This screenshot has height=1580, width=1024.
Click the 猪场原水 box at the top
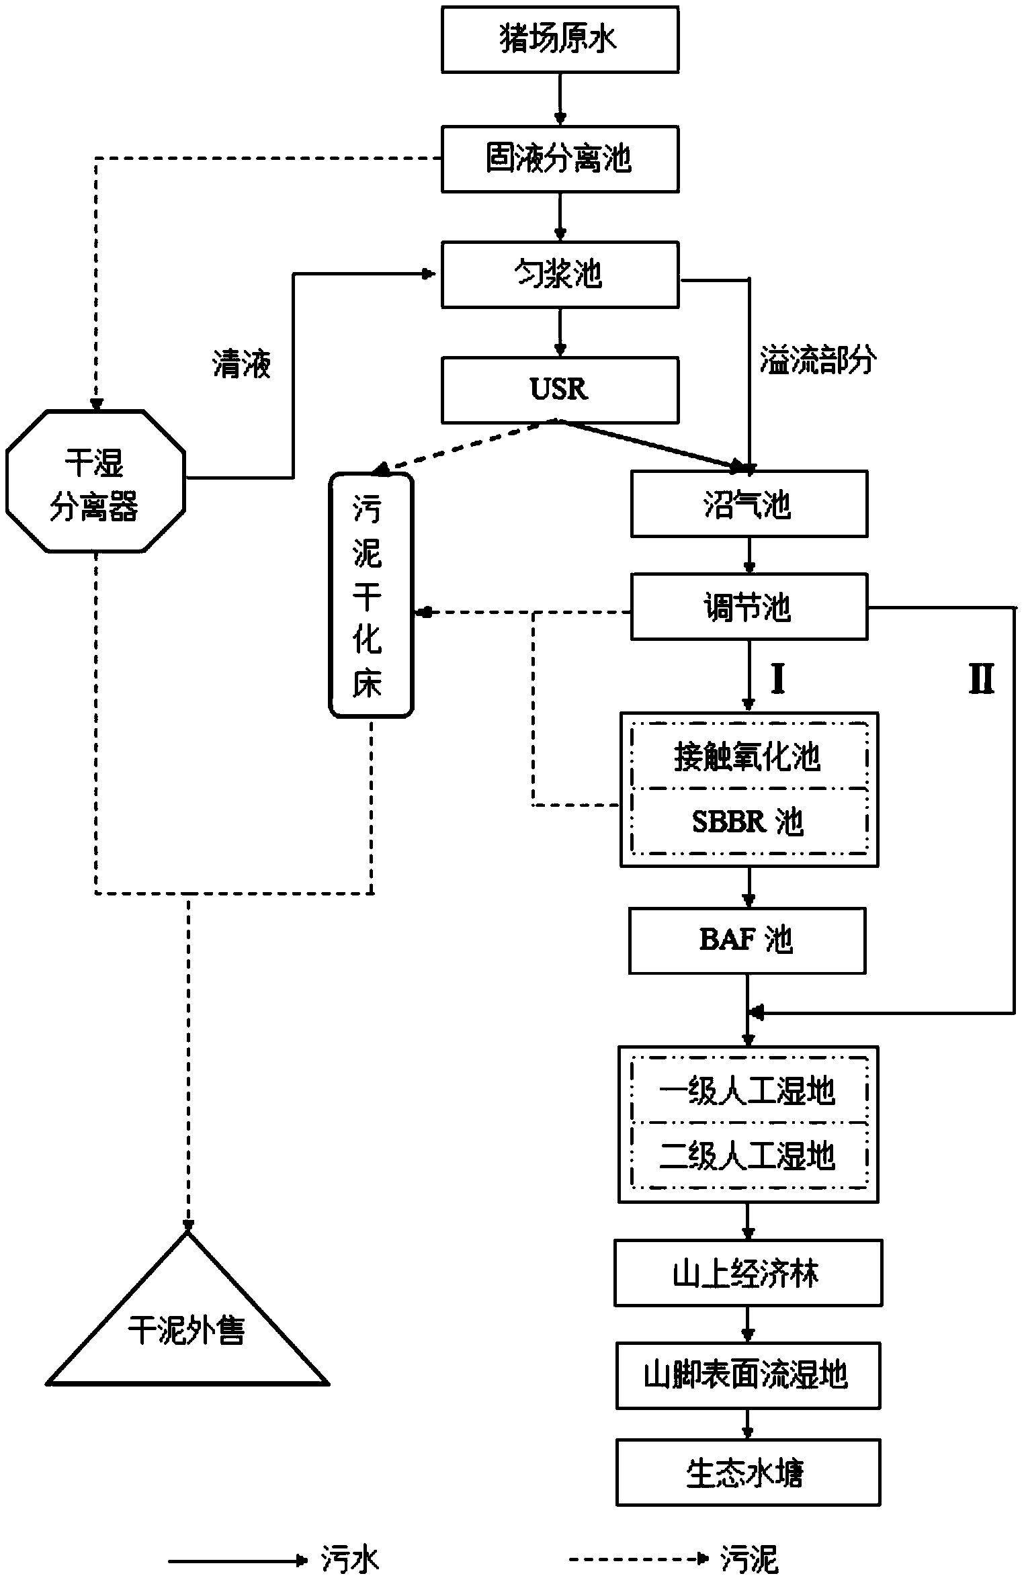point(559,40)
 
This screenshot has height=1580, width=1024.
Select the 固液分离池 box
point(559,159)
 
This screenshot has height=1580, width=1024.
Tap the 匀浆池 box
point(559,275)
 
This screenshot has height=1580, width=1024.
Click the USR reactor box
point(559,390)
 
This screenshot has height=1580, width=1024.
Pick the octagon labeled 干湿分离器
point(95,482)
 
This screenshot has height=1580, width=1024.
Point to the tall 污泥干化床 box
point(370,595)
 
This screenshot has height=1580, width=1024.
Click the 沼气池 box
point(749,504)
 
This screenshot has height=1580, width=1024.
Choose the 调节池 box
point(749,607)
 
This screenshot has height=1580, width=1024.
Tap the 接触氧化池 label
point(748,757)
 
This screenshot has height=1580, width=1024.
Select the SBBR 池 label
point(748,822)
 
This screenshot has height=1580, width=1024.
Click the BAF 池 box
point(746,940)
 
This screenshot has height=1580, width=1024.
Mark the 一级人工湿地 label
point(748,1092)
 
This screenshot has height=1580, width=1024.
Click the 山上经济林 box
point(747,1274)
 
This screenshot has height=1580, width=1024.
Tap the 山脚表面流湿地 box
point(747,1375)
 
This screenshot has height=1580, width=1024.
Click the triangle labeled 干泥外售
point(187,1330)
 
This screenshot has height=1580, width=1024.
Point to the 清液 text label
point(242,365)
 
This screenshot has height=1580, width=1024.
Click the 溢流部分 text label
point(818,360)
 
